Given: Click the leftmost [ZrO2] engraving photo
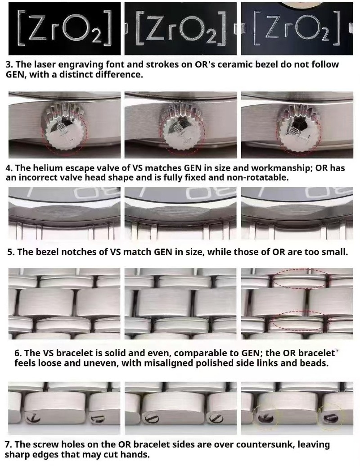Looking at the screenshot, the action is click(x=64, y=28).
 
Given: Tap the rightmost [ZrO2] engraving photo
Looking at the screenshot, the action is click(x=297, y=28).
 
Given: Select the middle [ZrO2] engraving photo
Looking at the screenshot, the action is click(x=180, y=28).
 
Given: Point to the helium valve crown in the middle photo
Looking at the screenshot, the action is click(x=181, y=128).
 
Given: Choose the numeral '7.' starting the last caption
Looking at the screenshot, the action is click(x=8, y=444).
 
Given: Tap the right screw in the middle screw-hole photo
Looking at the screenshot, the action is click(x=216, y=419).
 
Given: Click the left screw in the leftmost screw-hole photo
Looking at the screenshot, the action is click(x=33, y=418).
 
